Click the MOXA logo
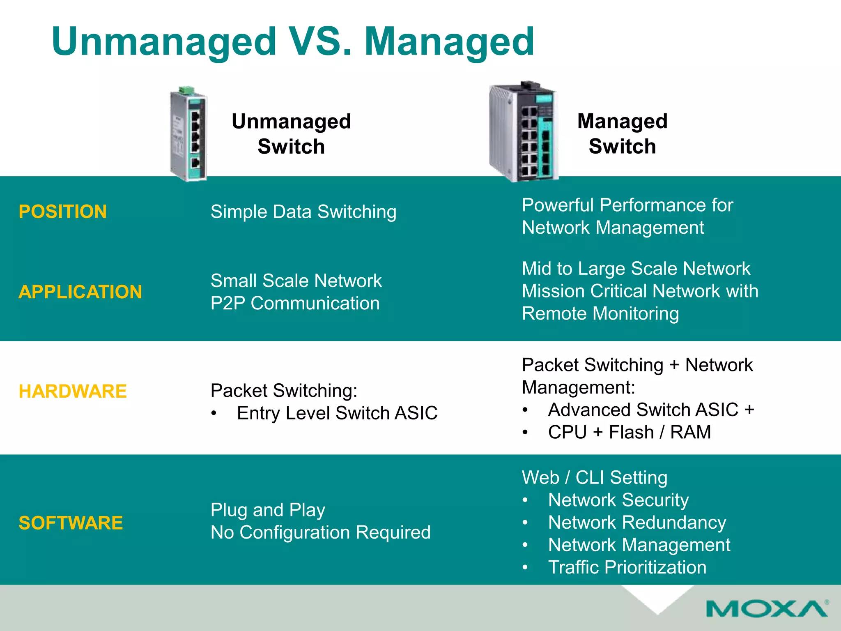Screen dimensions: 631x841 pyautogui.click(x=766, y=608)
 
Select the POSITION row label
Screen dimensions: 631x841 pyautogui.click(x=63, y=212)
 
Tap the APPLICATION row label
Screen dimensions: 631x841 pyautogui.click(x=80, y=292)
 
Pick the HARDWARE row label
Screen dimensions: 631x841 pyautogui.click(x=73, y=391)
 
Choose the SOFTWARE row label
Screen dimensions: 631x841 pyautogui.click(x=71, y=523)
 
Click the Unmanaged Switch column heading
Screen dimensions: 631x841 pyautogui.click(x=291, y=134)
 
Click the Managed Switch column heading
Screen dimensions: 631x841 pyautogui.click(x=622, y=134)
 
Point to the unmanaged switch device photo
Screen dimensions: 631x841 pyautogui.click(x=189, y=136)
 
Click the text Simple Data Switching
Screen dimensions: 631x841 pyautogui.click(x=303, y=212)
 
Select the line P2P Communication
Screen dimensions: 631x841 pyautogui.click(x=295, y=304)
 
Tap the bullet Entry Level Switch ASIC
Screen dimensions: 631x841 pyautogui.click(x=337, y=413)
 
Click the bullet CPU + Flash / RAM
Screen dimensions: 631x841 pyautogui.click(x=629, y=432)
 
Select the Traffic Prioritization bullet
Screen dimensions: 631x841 pyautogui.click(x=627, y=567)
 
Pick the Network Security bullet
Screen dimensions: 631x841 pyautogui.click(x=618, y=500)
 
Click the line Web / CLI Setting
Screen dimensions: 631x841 pyautogui.click(x=594, y=477)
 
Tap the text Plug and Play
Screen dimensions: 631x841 pyautogui.click(x=268, y=510)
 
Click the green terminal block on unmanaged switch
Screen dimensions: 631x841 pyautogui.click(x=187, y=90)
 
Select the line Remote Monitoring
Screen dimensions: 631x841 pyautogui.click(x=600, y=313)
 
